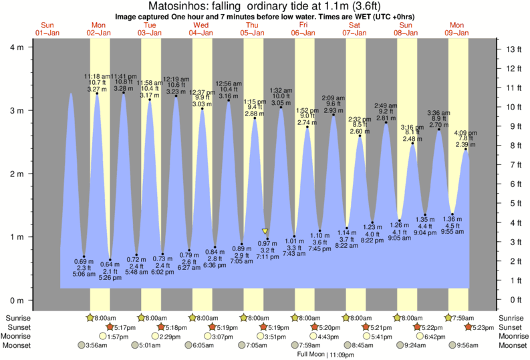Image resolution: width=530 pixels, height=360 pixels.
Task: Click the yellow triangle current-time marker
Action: click(265, 231)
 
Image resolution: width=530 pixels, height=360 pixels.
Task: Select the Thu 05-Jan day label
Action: click(252, 28)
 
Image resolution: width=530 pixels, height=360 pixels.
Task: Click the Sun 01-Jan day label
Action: click(47, 28)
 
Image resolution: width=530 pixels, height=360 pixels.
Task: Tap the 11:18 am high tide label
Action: click(97, 77)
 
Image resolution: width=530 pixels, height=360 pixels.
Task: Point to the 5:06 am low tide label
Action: click(84, 273)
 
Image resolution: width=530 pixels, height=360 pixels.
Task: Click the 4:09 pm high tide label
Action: click(465, 133)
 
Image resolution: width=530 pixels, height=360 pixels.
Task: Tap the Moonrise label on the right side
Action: click(510, 336)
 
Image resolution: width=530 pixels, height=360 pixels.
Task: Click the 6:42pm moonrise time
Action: click(434, 336)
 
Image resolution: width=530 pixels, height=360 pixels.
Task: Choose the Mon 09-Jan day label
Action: click(458, 28)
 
